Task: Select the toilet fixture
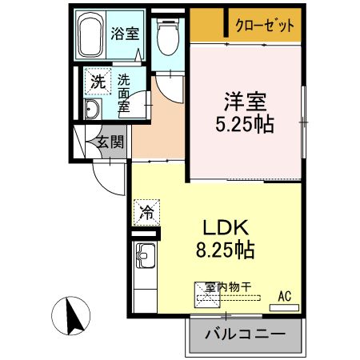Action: (x=168, y=35)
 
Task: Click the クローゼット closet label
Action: (x=265, y=26)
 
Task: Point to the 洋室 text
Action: (x=246, y=103)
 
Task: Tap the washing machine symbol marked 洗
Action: (x=97, y=81)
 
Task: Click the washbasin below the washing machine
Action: (x=92, y=110)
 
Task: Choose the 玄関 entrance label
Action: (x=110, y=144)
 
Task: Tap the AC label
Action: (x=284, y=297)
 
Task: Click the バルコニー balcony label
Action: (x=247, y=334)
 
